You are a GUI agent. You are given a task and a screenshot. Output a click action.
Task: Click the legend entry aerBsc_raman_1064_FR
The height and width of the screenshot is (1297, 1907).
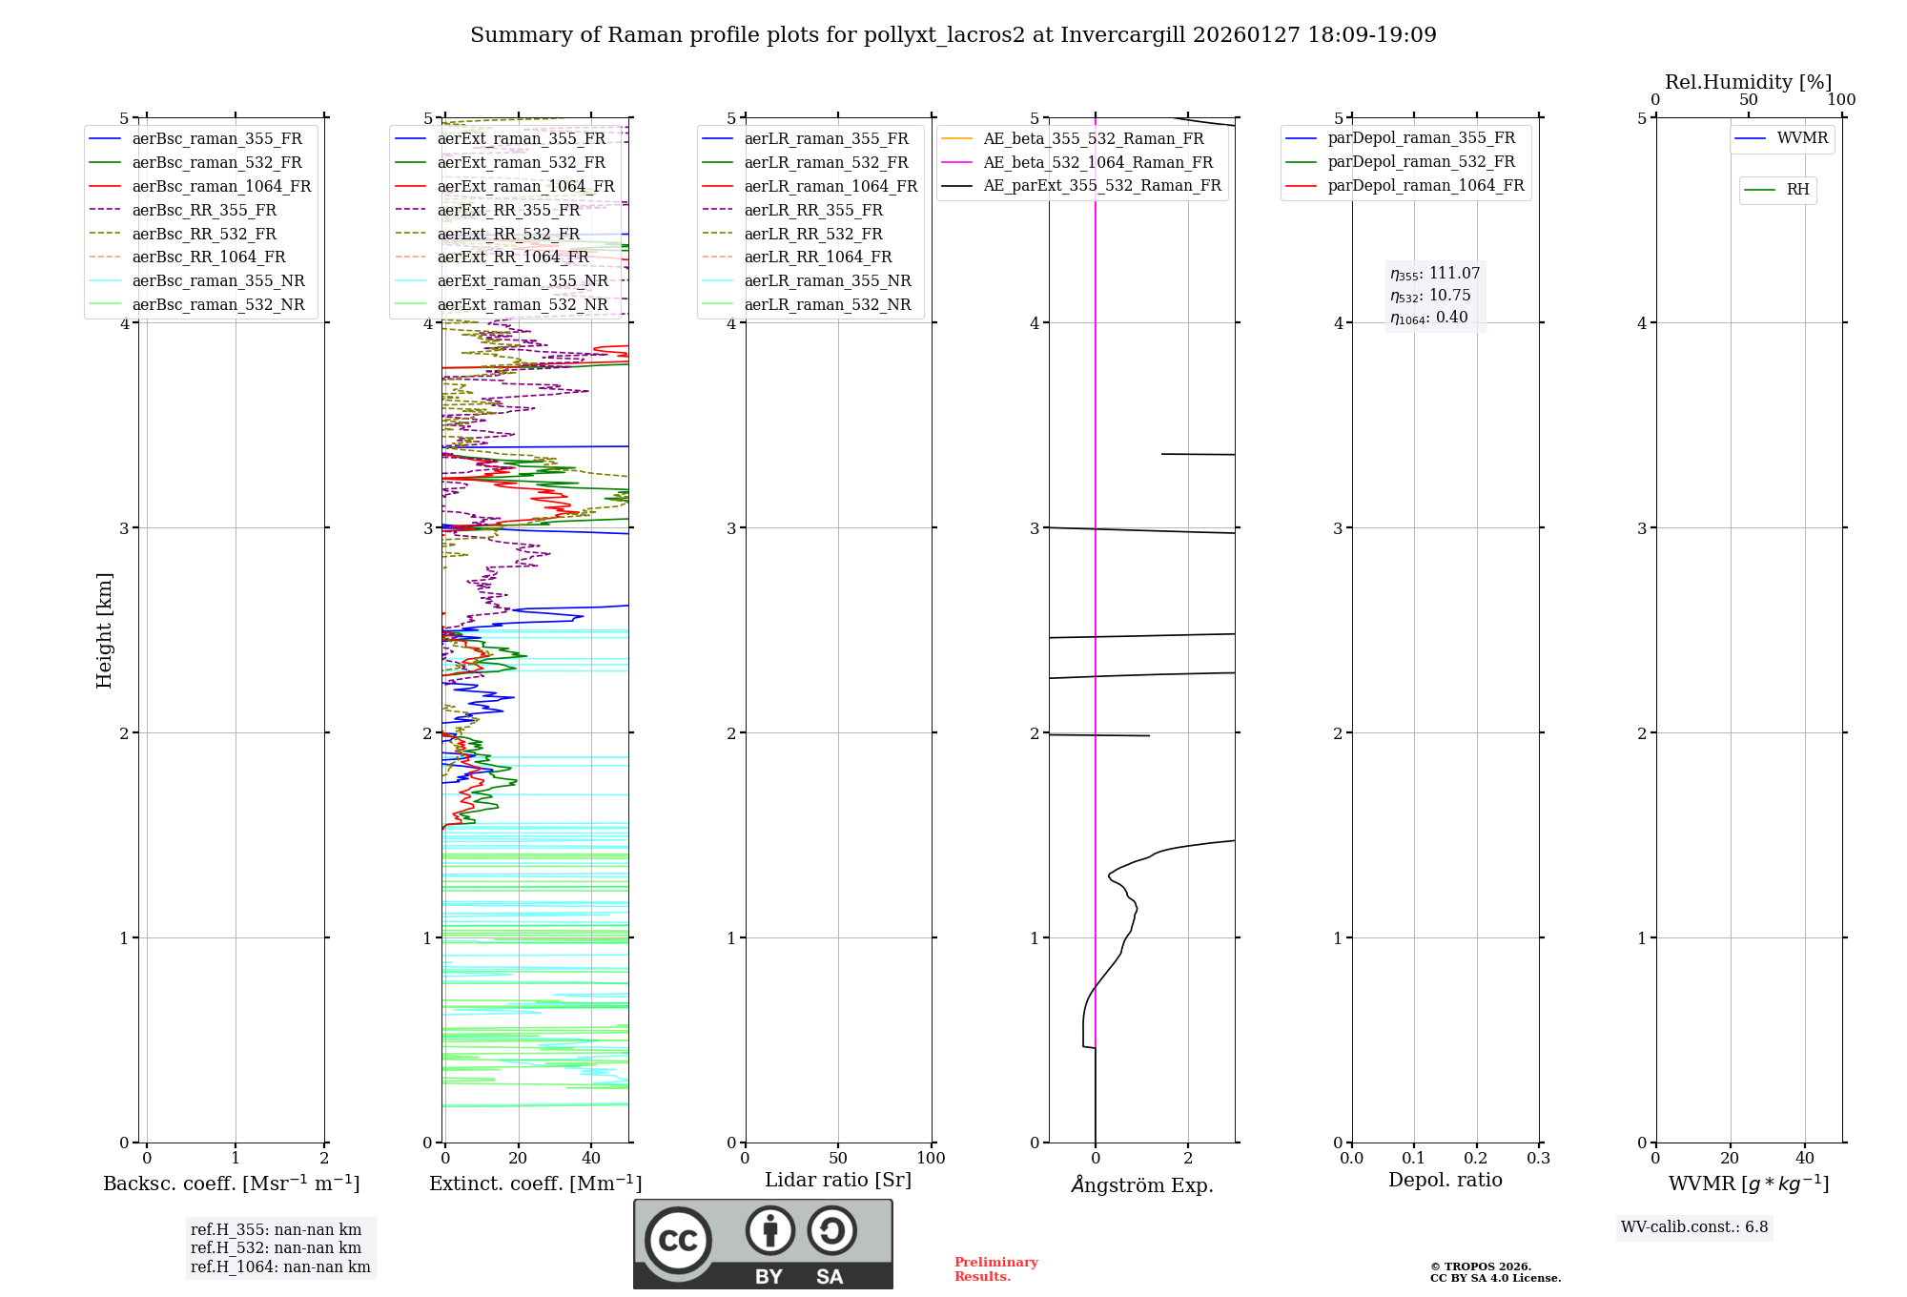tap(221, 186)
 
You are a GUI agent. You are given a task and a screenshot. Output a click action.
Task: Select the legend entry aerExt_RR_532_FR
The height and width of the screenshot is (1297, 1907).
tap(508, 234)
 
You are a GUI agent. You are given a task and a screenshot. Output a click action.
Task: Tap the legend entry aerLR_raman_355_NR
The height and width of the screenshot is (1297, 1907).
tap(828, 280)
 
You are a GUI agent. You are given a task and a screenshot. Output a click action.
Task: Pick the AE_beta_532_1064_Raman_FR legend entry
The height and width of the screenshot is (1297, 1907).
tap(1097, 162)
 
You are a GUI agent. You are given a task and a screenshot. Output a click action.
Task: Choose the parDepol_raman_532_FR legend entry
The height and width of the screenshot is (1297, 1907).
tap(1421, 162)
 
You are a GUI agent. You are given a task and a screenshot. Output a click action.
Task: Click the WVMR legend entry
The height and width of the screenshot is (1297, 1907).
tap(1802, 138)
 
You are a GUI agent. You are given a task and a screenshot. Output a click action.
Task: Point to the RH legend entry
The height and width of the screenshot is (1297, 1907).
tap(1797, 190)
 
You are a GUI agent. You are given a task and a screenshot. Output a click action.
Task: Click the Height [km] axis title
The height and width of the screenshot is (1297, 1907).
tap(104, 630)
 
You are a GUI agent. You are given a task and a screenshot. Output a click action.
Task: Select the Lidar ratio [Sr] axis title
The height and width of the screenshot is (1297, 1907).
tap(838, 1180)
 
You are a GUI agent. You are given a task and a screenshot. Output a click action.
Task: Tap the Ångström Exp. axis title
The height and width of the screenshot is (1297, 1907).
tap(1142, 1184)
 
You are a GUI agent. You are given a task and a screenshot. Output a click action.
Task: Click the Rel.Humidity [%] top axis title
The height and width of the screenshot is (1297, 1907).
tap(1748, 82)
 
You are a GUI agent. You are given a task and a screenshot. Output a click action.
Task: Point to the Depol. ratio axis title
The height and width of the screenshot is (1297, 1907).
tap(1445, 1180)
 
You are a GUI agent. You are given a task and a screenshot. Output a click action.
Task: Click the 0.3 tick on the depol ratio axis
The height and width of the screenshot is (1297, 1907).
tap(1538, 1158)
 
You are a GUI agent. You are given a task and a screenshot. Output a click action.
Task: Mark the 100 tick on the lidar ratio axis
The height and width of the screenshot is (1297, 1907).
tap(931, 1158)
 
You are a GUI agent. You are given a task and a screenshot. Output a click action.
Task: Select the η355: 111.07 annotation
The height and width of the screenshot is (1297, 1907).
tap(1435, 274)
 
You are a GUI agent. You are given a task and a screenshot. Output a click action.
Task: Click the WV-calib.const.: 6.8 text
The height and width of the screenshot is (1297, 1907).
tap(1694, 1227)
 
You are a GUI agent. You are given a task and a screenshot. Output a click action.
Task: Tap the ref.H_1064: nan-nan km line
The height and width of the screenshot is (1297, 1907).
tap(280, 1266)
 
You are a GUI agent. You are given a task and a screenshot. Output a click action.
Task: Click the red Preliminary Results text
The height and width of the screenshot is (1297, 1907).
tap(995, 1269)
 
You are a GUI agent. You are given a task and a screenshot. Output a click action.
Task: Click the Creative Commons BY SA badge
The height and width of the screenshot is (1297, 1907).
tap(763, 1244)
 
